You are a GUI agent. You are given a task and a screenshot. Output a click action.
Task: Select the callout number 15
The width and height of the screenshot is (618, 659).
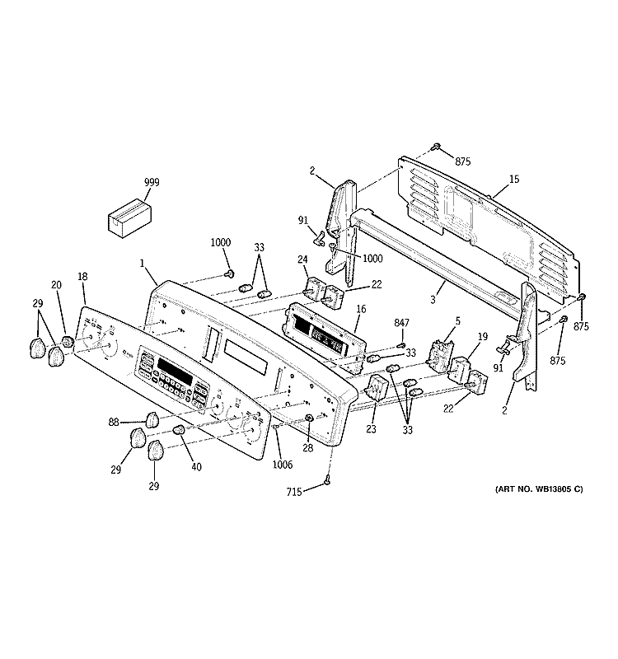[513, 180]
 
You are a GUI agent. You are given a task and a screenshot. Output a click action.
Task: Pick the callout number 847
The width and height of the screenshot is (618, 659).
[401, 323]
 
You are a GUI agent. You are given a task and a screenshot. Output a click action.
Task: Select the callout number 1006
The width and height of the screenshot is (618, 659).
[283, 463]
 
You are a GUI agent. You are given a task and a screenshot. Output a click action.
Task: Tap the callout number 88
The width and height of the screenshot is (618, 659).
[114, 423]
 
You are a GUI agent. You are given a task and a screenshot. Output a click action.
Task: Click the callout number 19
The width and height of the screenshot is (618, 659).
[483, 336]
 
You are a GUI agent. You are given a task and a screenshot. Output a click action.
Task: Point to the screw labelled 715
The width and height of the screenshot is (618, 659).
[327, 481]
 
